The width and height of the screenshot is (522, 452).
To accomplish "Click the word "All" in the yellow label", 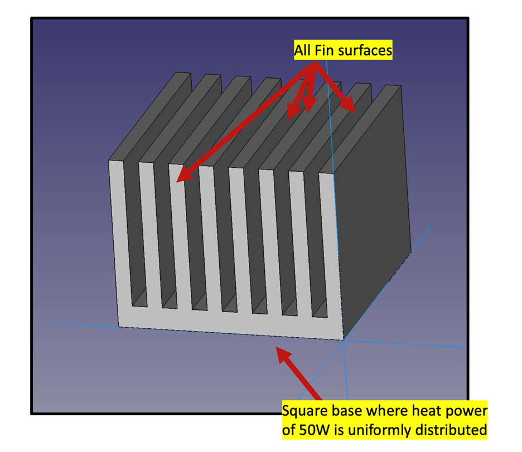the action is [303, 51].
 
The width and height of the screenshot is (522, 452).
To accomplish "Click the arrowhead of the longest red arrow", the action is [181, 177].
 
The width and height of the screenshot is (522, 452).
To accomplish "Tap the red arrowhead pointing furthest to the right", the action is [349, 106].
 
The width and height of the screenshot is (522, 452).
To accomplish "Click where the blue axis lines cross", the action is [344, 339].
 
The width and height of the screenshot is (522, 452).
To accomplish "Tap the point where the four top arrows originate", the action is [315, 64].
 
